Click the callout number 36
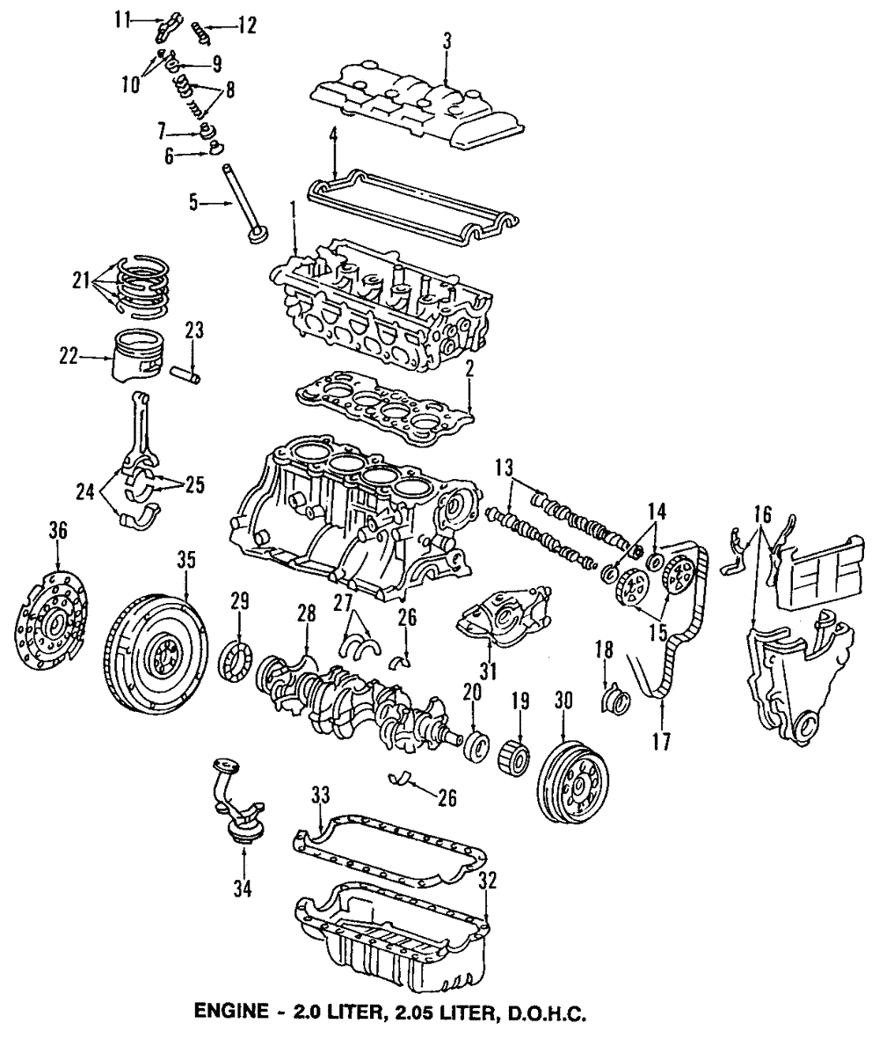[x=57, y=531]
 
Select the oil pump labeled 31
[x=501, y=615]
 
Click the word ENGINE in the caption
[x=228, y=1013]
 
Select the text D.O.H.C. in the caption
[x=545, y=1013]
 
